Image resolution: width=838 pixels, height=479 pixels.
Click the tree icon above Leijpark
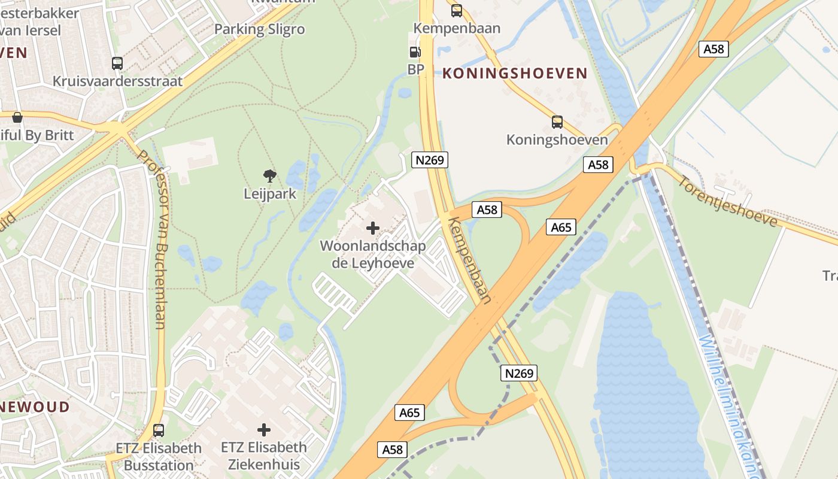tap(270, 176)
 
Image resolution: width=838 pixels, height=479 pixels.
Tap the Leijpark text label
tap(270, 194)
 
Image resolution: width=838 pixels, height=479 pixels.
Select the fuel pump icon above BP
tap(415, 52)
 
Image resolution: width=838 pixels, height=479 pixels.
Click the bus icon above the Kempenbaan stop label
tap(457, 10)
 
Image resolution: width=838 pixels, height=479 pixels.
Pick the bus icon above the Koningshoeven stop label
tap(557, 122)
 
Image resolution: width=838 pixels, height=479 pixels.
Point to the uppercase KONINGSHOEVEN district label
tap(515, 74)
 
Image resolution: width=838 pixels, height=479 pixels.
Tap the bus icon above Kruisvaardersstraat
tap(117, 63)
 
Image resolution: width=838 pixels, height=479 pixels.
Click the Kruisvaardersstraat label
tap(117, 81)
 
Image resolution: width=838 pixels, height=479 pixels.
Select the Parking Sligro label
tap(259, 29)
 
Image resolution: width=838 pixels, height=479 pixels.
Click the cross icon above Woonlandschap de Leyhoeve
tap(373, 228)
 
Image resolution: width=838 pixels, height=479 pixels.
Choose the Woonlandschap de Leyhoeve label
tap(373, 254)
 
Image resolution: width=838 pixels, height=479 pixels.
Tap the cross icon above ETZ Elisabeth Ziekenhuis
tap(264, 429)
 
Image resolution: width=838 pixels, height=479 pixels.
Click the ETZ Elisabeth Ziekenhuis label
tap(264, 456)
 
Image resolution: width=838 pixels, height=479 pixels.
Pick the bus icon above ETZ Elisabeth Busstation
tap(159, 430)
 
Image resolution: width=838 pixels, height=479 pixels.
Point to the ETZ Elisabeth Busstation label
tap(159, 456)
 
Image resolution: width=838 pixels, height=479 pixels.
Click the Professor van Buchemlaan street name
tap(152, 239)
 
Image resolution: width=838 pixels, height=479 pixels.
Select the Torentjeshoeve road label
tap(728, 202)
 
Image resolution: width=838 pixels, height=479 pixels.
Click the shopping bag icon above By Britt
tap(17, 117)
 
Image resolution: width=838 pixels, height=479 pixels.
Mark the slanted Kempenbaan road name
tap(470, 260)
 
